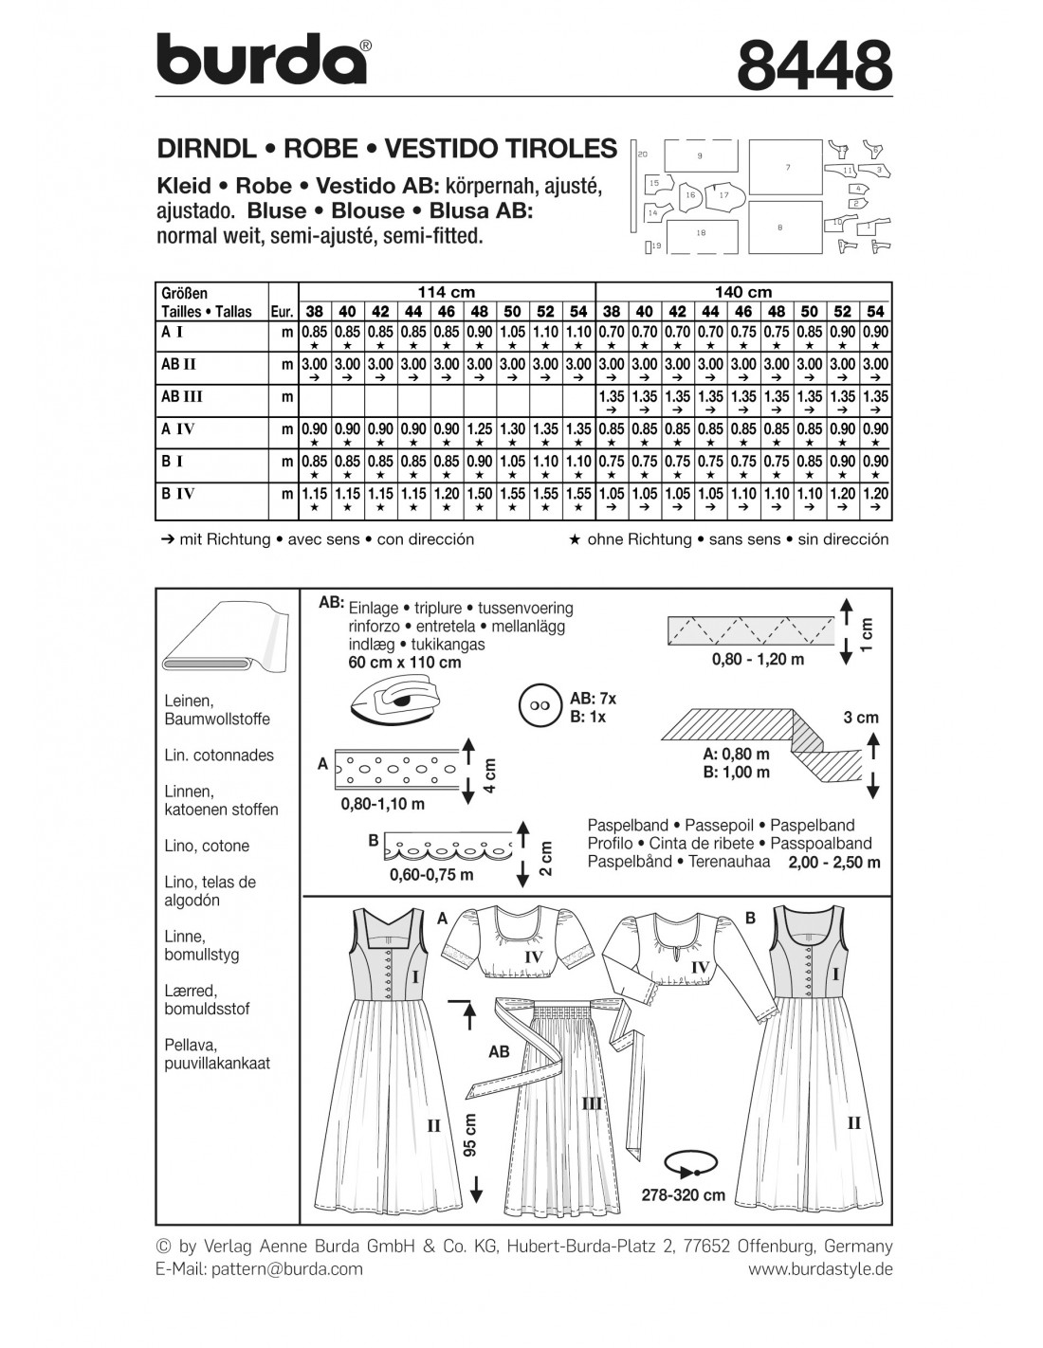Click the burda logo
[262, 60]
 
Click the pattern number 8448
[814, 65]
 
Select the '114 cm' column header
[447, 292]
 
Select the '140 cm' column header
[743, 292]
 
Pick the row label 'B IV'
[179, 493]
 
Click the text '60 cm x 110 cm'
[405, 662]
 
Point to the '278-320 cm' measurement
[683, 1194]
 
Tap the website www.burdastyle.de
[820, 1268]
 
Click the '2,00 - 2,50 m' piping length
[833, 862]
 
